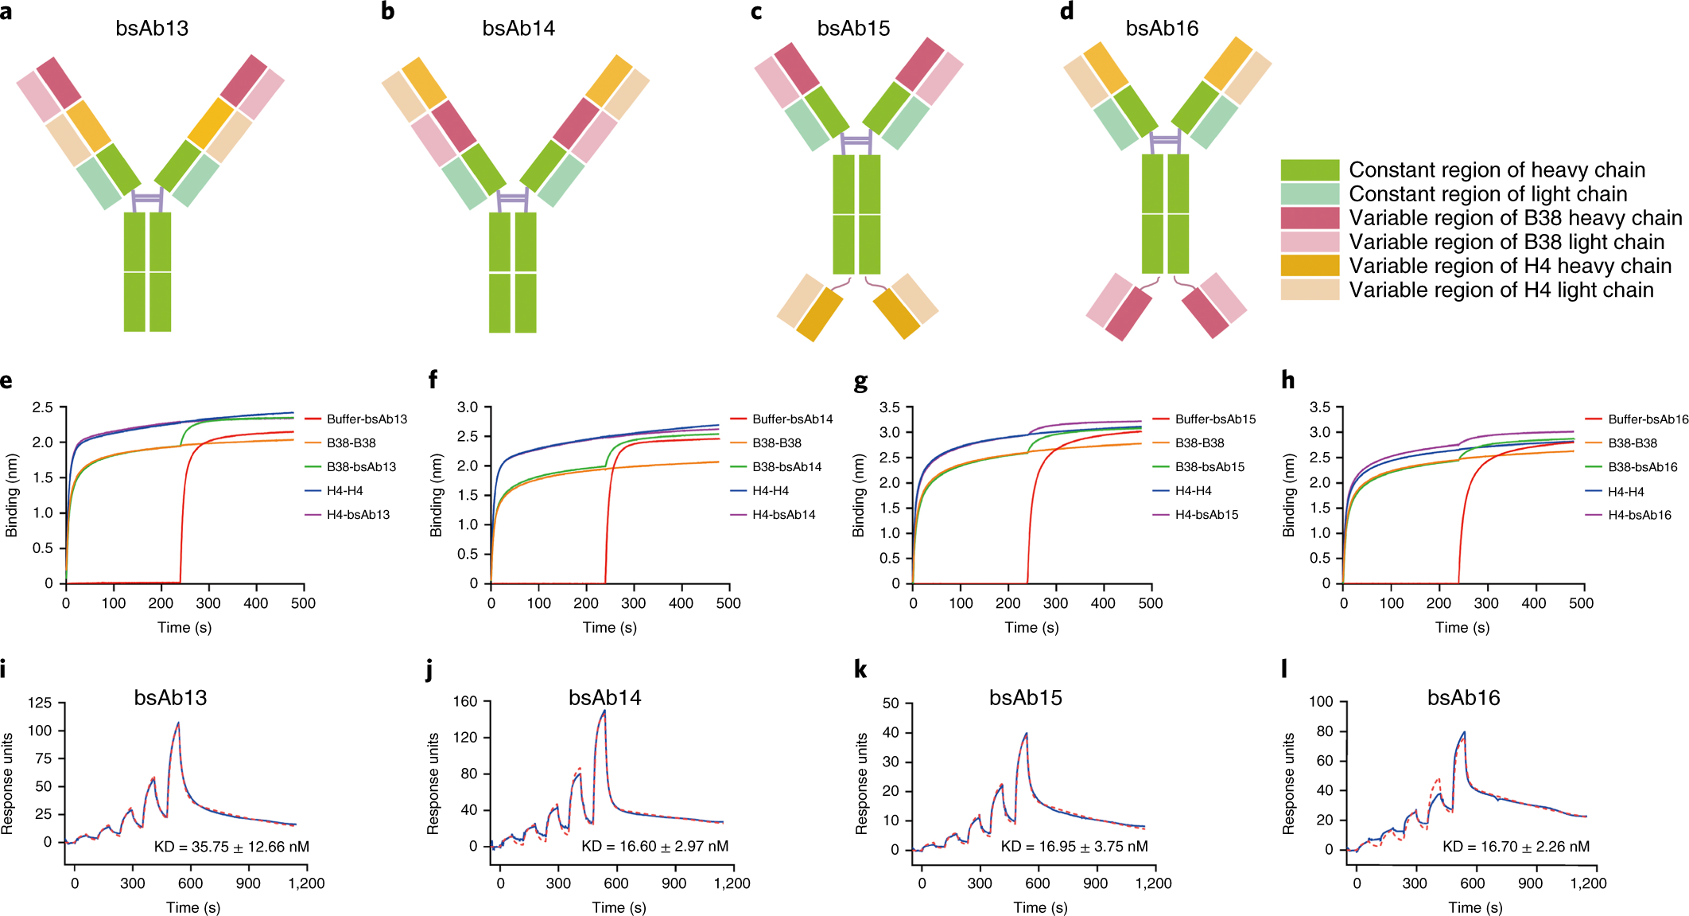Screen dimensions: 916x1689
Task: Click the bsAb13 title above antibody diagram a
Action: [x=152, y=29]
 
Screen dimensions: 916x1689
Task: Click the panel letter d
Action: [x=1067, y=11]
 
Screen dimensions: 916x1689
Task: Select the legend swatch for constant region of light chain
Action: [x=1309, y=193]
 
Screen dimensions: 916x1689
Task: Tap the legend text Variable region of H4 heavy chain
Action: [x=1510, y=266]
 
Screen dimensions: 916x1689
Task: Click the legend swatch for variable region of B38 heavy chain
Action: [x=1309, y=217]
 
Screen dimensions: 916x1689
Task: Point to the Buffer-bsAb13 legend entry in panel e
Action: [x=366, y=419]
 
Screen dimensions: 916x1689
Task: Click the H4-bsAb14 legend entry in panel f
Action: [x=783, y=514]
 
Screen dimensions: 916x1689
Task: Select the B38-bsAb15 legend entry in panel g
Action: [x=1209, y=466]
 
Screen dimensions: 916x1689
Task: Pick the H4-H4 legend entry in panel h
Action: [x=1625, y=492]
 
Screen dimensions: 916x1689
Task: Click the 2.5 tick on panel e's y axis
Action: [x=42, y=407]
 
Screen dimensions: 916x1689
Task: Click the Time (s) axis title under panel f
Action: [x=609, y=627]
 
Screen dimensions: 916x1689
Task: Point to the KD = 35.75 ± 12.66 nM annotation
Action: [x=231, y=847]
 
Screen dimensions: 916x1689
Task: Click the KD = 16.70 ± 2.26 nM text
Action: [x=1516, y=847]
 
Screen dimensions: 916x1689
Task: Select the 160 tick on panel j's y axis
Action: [x=465, y=701]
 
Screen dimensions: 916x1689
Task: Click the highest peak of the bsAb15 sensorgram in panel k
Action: [x=1027, y=734]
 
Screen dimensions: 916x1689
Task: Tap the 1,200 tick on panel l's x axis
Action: [x=1588, y=883]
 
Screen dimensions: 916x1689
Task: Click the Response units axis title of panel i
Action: [x=8, y=783]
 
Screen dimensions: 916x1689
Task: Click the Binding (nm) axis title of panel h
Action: [x=1288, y=495]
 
